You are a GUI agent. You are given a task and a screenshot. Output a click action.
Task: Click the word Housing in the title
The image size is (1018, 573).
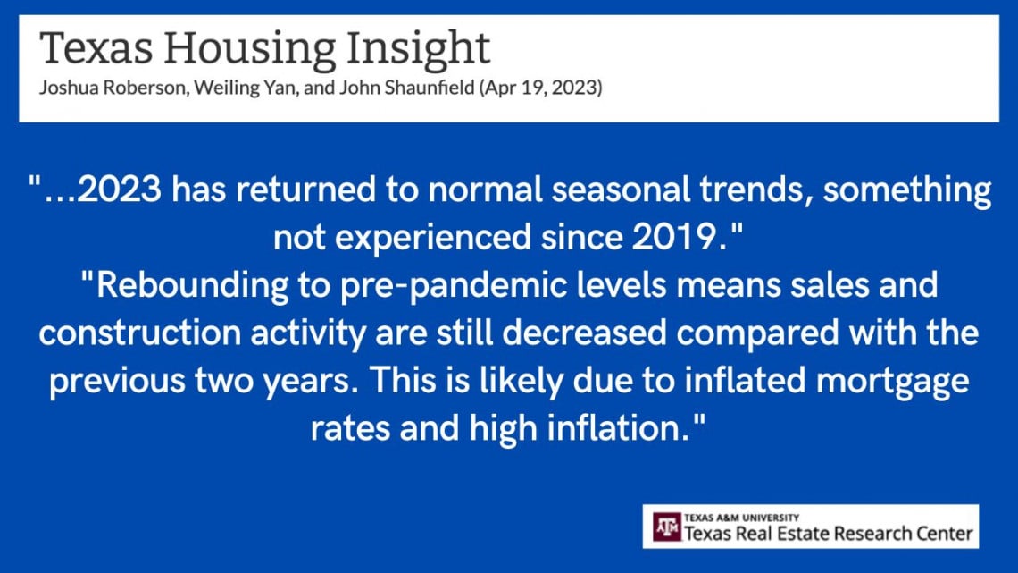(249, 50)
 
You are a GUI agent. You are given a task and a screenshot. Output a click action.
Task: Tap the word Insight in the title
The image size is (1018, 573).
(418, 50)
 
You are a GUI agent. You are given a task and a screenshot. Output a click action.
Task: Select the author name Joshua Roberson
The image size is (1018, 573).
(113, 87)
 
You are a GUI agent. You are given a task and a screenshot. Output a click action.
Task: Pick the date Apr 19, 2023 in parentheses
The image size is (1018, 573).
(541, 88)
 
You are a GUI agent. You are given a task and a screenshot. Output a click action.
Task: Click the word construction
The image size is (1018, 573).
(139, 333)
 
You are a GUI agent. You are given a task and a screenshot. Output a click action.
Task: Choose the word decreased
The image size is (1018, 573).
(584, 333)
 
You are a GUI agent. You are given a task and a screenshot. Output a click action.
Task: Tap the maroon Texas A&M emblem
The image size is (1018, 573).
(667, 527)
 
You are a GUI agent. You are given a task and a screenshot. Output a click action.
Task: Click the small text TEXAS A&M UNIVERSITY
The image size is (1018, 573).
(741, 518)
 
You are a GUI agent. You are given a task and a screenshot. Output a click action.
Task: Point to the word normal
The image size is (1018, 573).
(485, 190)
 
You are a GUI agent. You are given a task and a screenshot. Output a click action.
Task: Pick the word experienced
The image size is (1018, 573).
(433, 238)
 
